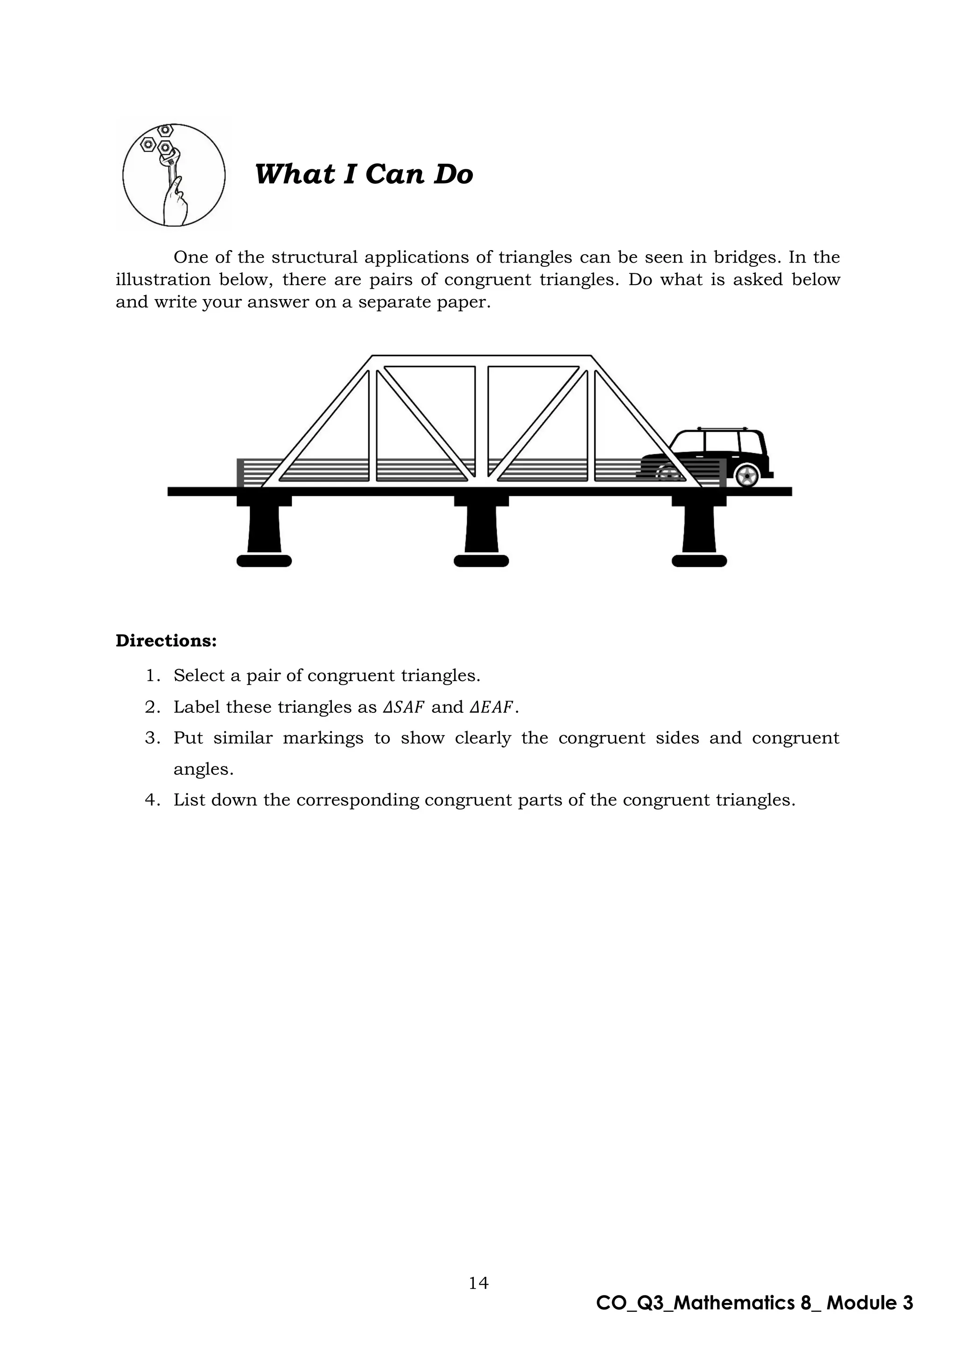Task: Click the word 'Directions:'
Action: tap(166, 641)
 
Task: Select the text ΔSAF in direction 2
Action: tap(403, 707)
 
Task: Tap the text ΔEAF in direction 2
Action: tap(492, 707)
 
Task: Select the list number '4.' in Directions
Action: tap(153, 800)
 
